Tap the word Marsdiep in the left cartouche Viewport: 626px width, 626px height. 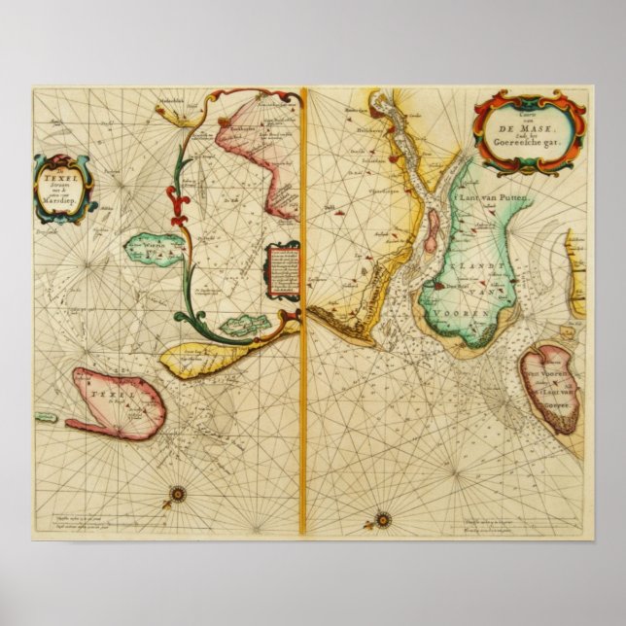(x=65, y=199)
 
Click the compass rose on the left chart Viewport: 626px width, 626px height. (x=177, y=494)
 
